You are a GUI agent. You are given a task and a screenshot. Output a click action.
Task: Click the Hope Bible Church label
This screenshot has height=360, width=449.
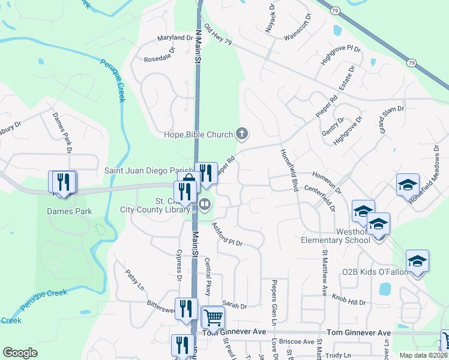[x=198, y=134]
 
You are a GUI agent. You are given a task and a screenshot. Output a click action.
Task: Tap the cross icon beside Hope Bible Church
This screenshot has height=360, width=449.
[x=241, y=133]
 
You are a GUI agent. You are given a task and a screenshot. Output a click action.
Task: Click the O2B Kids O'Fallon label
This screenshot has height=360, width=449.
[x=375, y=272]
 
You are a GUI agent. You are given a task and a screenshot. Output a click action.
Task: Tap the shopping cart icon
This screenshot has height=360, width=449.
[x=212, y=317]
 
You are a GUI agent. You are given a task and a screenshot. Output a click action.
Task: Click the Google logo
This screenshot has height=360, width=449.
[x=20, y=353]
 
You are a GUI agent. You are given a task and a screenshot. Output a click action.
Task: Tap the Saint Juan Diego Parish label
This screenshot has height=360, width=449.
[x=149, y=171]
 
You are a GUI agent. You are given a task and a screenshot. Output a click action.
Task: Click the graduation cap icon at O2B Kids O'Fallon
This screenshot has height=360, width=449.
[x=417, y=261]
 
